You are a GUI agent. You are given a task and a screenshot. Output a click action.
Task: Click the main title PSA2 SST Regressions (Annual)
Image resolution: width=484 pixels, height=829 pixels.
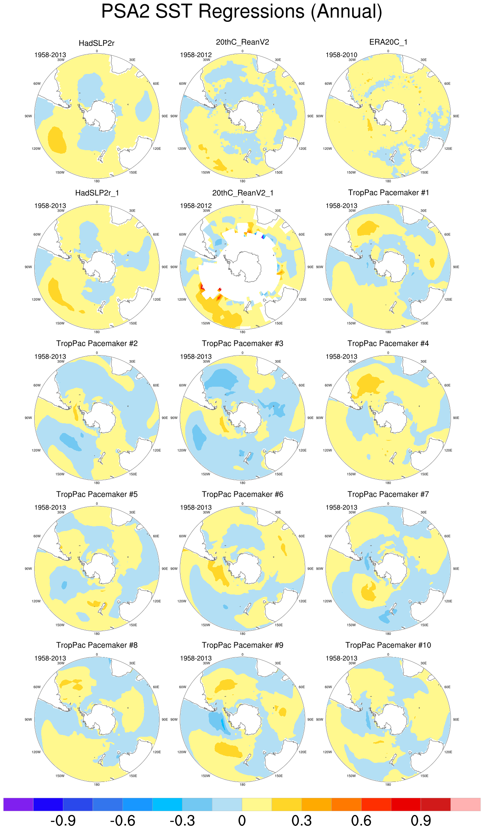pos(242,12)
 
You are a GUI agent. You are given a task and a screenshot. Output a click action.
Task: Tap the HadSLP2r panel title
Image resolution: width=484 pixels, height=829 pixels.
pos(96,43)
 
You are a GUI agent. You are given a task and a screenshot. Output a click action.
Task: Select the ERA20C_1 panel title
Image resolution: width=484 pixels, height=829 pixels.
pos(388,42)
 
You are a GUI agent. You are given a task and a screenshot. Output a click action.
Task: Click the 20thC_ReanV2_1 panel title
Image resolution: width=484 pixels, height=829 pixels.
pos(242,193)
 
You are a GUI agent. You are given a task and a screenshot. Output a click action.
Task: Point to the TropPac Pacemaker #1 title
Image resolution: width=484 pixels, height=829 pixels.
pos(388,193)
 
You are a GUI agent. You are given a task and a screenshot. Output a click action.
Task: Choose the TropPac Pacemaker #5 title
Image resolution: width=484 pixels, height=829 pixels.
pos(97,494)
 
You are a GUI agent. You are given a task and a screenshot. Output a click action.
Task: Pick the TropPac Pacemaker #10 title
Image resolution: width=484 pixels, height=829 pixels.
pos(388,645)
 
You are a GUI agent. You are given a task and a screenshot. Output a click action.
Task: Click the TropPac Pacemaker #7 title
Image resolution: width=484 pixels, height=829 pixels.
pos(388,494)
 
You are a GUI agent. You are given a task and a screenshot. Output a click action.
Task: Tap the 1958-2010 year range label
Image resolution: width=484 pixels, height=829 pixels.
pos(341,55)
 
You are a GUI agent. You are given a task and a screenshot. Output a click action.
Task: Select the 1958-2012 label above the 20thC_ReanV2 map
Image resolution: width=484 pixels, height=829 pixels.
pos(196,55)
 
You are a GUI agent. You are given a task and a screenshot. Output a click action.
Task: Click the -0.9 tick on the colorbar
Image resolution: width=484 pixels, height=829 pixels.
pos(63,820)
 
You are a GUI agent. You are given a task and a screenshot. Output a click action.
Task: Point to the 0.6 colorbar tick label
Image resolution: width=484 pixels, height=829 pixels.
pos(361,820)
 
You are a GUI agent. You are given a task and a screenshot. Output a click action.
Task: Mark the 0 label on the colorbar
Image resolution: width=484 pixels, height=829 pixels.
pos(242,820)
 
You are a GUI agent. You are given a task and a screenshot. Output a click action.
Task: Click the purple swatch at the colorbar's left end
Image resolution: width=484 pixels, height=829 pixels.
pos(18,804)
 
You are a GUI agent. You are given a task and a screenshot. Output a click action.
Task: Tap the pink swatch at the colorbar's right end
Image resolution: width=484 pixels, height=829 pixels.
pos(465,804)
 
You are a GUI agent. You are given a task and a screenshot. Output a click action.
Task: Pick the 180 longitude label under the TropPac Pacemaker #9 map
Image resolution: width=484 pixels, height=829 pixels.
pos(242,785)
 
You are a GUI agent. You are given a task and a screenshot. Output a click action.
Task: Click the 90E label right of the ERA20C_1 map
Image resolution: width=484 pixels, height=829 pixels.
pos(456,116)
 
